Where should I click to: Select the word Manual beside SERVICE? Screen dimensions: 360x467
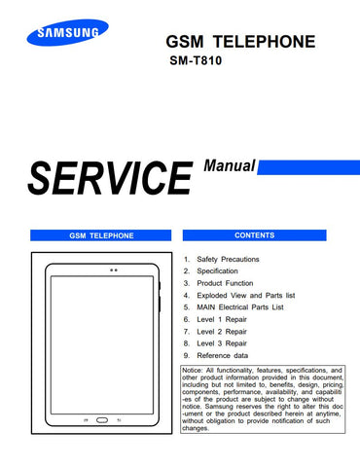click(x=230, y=166)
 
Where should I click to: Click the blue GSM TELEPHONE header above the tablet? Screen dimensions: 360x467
click(x=101, y=235)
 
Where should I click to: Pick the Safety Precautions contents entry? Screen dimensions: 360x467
click(x=232, y=260)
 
